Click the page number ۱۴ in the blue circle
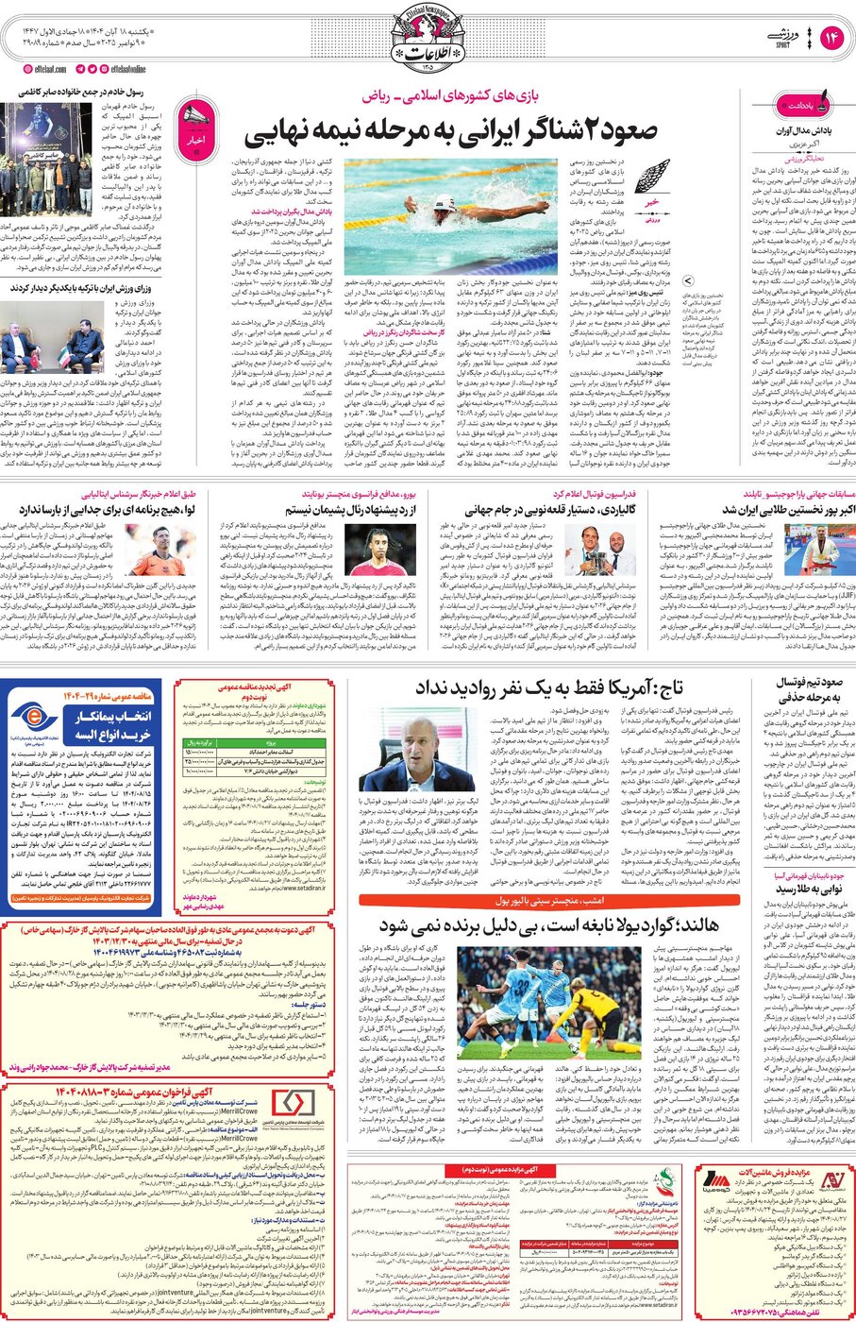tap(831, 37)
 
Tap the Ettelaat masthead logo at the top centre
tap(428, 43)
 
